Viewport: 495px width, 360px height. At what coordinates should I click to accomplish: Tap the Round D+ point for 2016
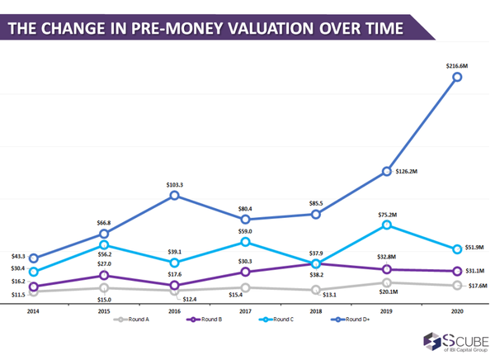175,195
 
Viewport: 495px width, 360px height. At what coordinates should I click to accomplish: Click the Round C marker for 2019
386,225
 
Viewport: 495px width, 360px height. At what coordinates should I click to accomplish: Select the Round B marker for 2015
104,276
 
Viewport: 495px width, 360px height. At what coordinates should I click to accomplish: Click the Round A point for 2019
386,282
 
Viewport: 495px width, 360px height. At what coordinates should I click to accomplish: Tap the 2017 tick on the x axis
245,310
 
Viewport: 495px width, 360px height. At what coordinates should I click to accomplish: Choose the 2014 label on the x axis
33,310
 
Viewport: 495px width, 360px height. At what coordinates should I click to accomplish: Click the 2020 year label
457,310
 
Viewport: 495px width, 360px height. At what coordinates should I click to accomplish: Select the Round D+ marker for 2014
33,258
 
